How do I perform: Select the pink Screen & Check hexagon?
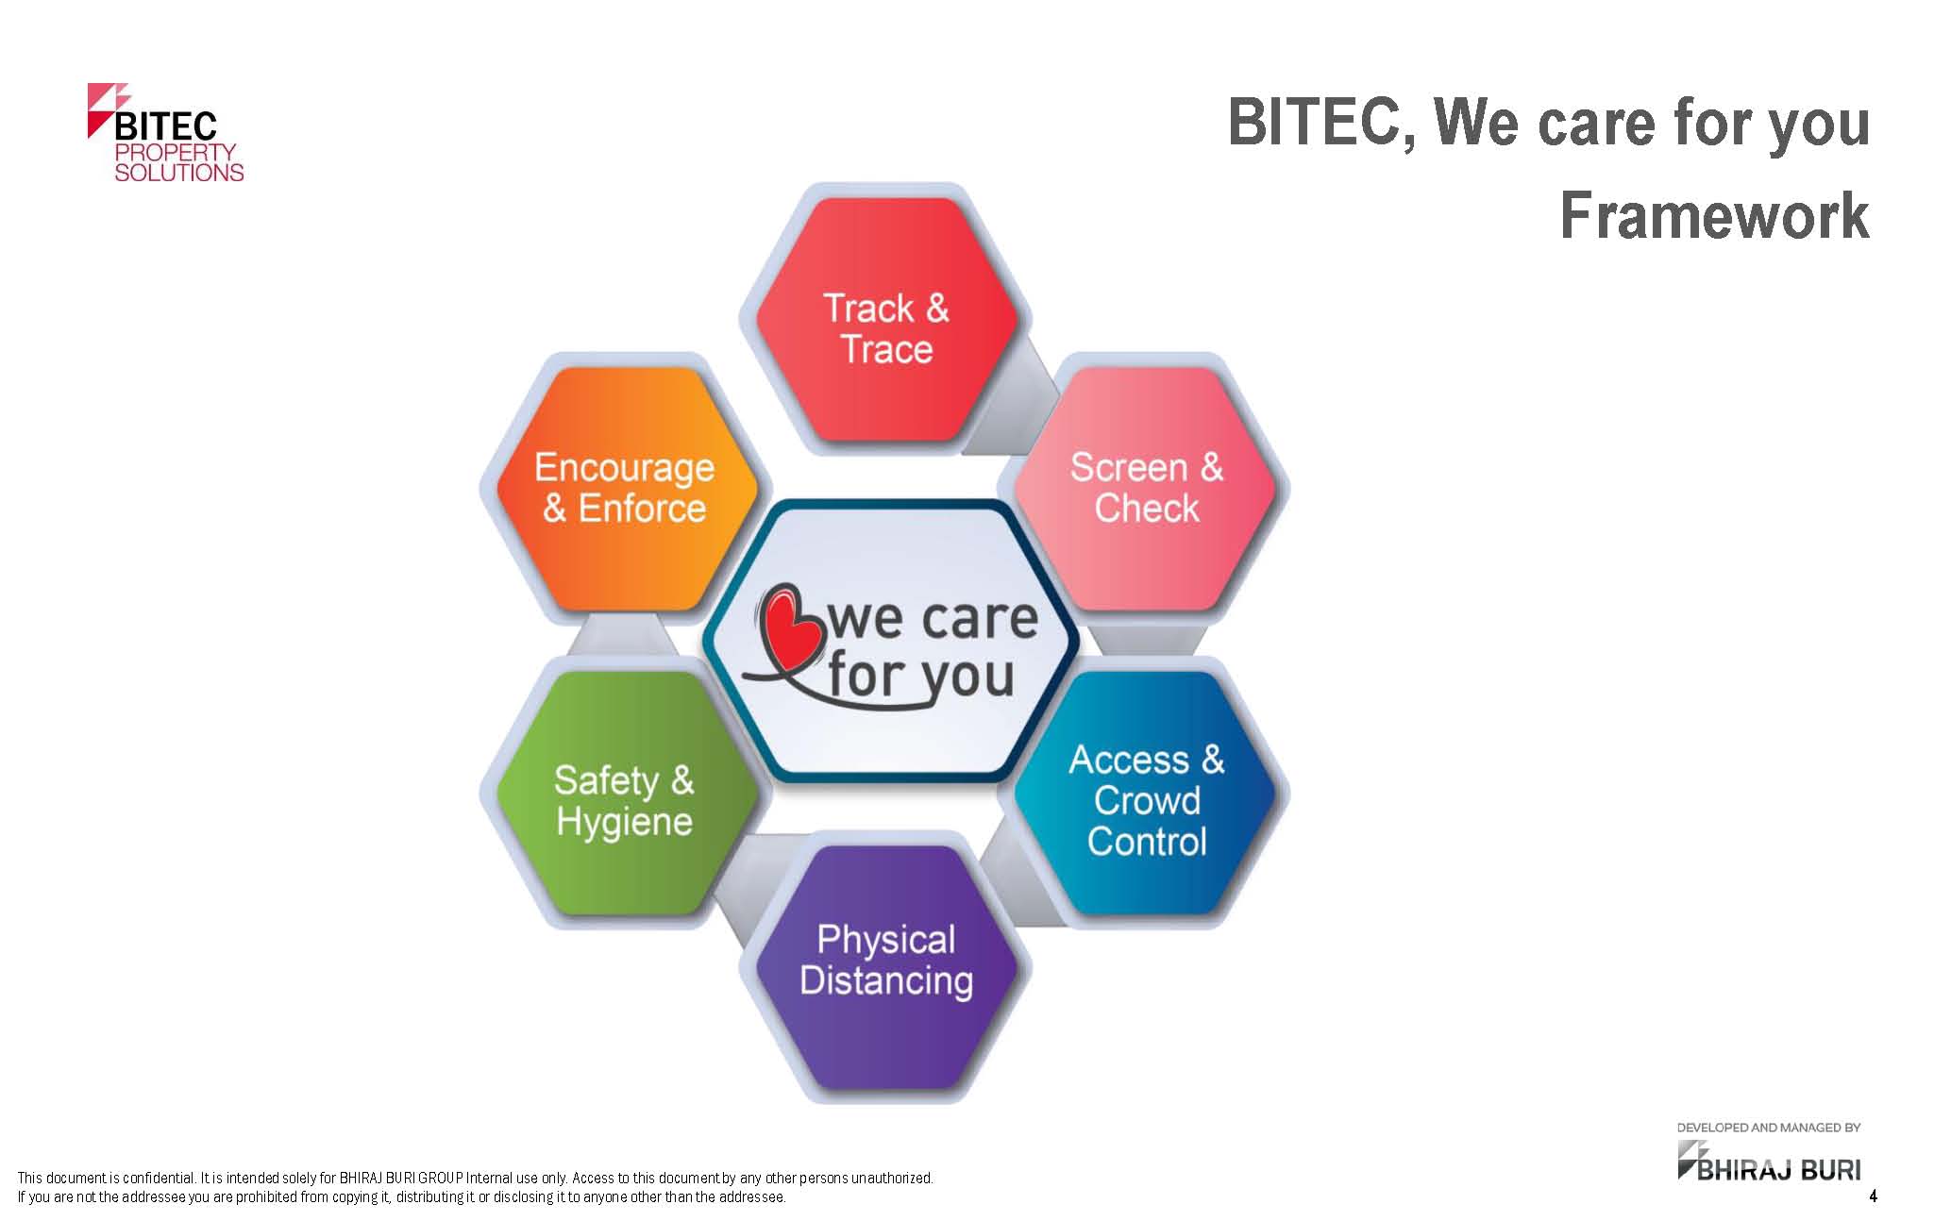1146,489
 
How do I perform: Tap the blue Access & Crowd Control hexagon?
1146,793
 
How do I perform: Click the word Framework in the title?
1714,216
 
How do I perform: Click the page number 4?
1873,1196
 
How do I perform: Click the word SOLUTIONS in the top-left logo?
179,173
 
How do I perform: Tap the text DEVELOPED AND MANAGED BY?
1768,1128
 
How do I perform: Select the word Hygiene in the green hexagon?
624,823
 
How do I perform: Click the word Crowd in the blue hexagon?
1147,801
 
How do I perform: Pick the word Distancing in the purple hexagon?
886,981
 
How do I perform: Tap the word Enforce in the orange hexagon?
642,509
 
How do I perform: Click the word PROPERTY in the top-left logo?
176,152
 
